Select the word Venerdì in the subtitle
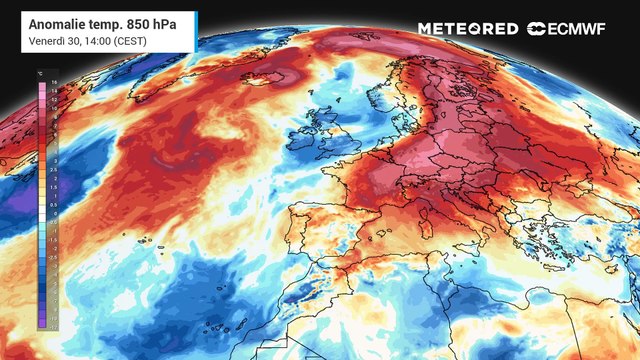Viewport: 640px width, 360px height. click(x=47, y=40)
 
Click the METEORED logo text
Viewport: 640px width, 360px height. click(x=467, y=29)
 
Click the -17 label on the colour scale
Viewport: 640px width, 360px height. click(x=54, y=326)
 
